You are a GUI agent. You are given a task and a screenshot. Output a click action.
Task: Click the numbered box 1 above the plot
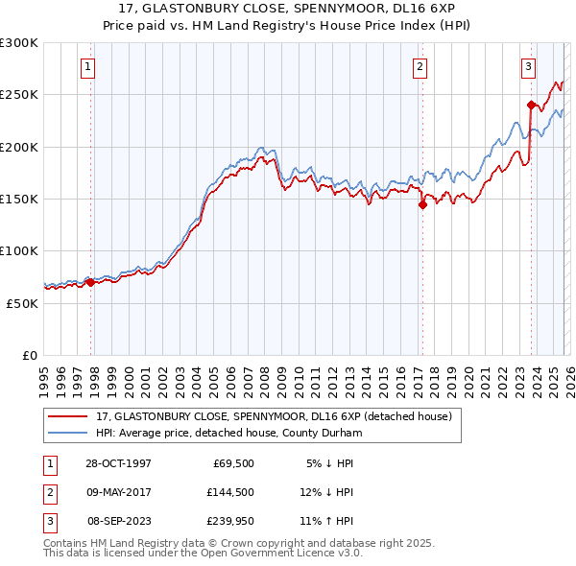click(87, 66)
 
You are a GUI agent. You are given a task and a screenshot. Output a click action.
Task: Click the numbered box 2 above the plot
click(420, 66)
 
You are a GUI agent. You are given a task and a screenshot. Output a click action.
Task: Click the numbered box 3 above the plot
click(529, 66)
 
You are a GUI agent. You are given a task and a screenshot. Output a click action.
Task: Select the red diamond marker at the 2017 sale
click(421, 204)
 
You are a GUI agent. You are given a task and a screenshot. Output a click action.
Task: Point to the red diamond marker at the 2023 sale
click(531, 105)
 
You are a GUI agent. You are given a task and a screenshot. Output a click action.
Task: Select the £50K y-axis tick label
click(22, 303)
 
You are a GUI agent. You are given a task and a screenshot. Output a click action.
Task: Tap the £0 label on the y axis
click(29, 355)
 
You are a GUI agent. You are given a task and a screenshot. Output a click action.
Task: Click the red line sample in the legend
click(67, 416)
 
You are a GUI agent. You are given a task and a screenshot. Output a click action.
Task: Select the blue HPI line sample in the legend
click(67, 433)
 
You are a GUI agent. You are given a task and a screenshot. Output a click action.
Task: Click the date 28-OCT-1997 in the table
click(119, 463)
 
